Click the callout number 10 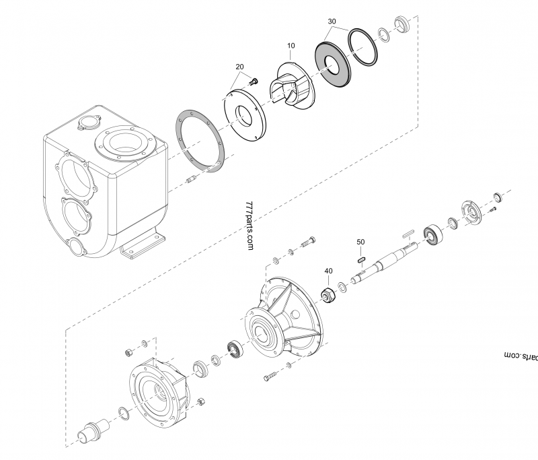tap(291, 46)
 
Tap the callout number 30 tap(332, 22)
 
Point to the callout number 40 tap(328, 271)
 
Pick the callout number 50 tap(360, 241)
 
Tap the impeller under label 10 tap(289, 84)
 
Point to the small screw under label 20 tap(254, 81)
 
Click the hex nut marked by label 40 tap(328, 294)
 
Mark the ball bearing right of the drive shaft tap(430, 235)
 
